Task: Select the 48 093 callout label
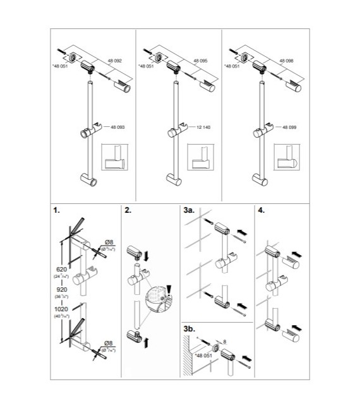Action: click(x=116, y=128)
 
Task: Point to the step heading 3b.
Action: click(x=189, y=328)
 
